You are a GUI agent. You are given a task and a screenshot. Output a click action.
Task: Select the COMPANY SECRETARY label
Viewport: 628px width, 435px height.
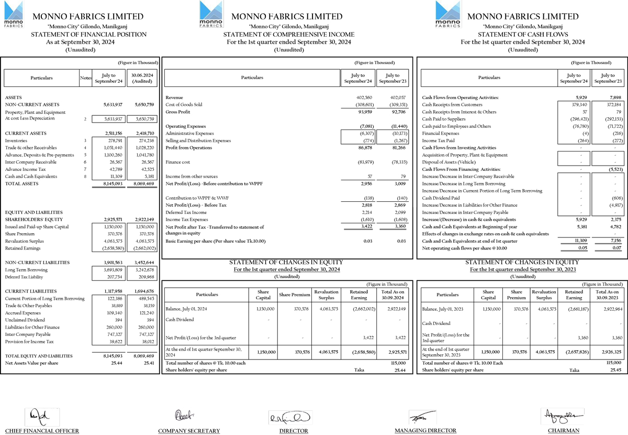point(189,431)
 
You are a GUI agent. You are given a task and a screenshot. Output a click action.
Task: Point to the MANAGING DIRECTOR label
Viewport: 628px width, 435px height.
point(425,430)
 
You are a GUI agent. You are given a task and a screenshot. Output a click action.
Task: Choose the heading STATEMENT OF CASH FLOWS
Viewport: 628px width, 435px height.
point(523,34)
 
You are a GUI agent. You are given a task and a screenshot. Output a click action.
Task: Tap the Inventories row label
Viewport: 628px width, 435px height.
point(16,141)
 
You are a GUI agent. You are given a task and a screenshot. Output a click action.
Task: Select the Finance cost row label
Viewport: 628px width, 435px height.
point(178,162)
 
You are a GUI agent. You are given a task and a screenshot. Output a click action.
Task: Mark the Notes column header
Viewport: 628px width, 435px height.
point(86,78)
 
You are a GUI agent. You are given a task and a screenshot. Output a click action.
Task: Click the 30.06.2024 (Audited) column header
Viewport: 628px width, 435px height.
point(142,78)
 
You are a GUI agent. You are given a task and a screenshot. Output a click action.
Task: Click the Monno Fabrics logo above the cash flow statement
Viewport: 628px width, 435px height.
point(448,14)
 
